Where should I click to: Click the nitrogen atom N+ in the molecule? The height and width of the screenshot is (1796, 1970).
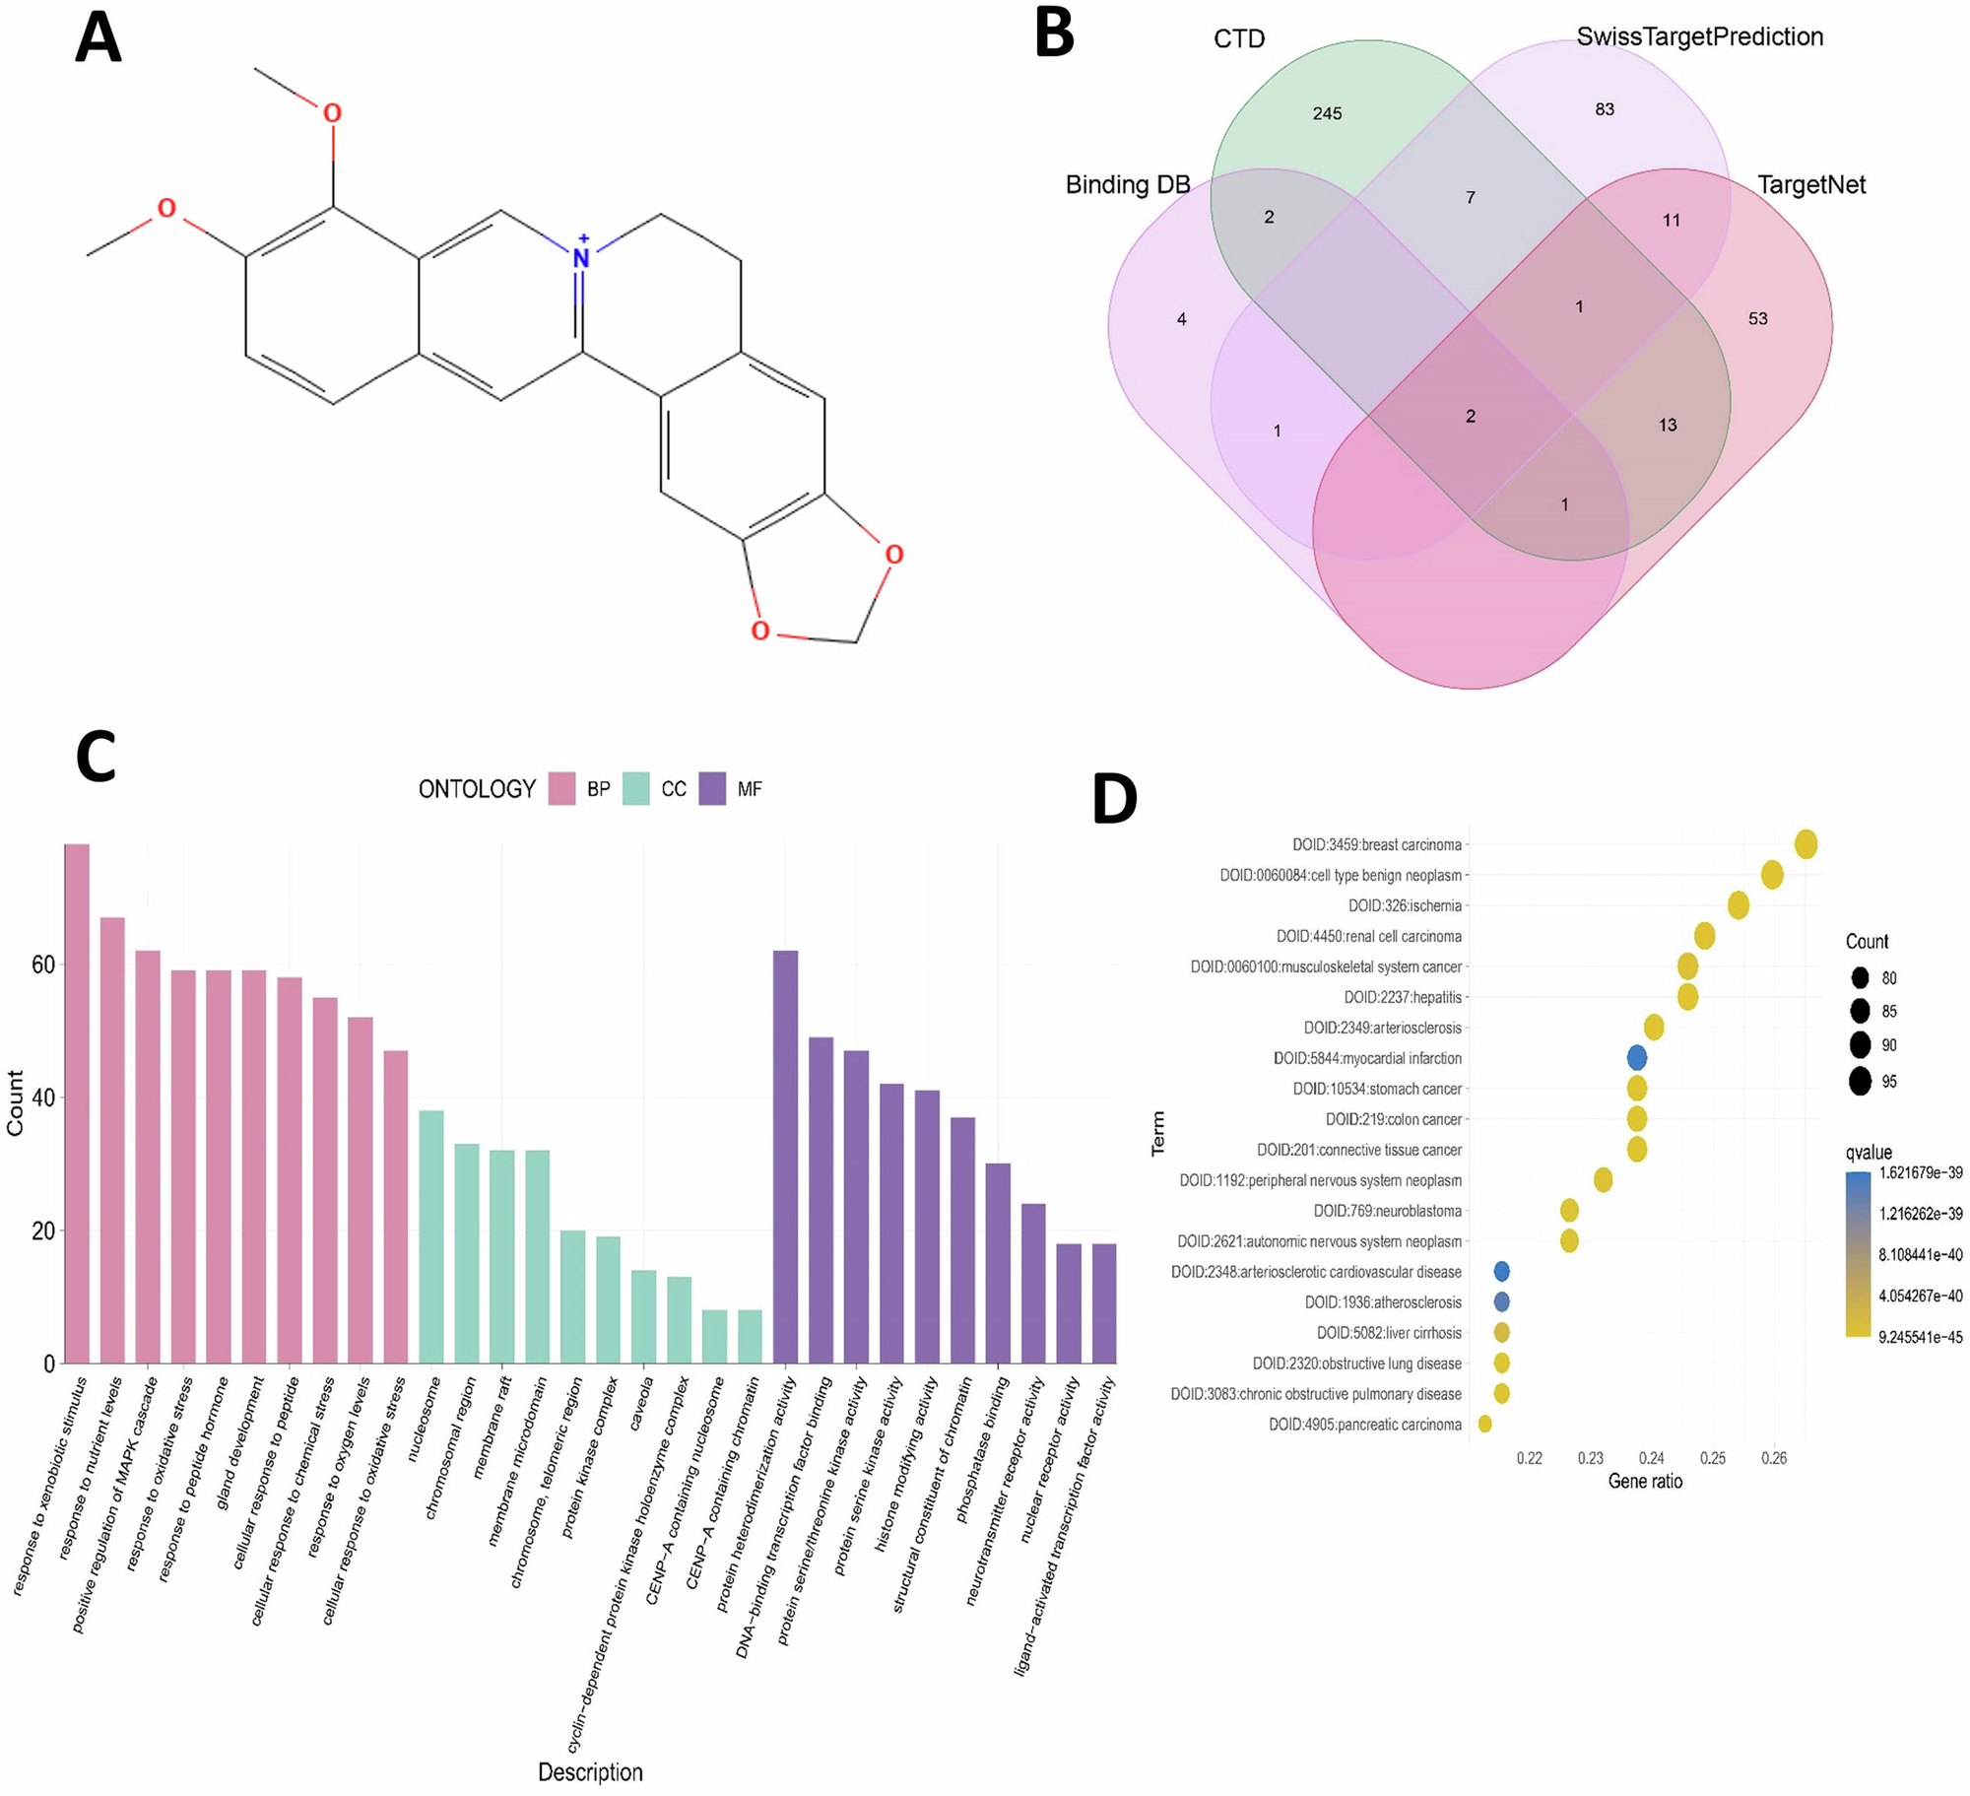click(581, 257)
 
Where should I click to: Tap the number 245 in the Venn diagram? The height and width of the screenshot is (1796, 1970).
click(1327, 114)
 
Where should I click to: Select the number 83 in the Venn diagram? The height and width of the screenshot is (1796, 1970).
click(1605, 109)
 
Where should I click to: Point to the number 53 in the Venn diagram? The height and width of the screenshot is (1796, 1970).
click(1757, 319)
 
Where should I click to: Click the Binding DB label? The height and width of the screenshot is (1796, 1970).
click(1128, 185)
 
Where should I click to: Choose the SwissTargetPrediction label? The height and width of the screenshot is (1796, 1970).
click(1699, 37)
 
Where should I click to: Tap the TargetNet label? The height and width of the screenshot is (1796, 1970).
click(1810, 185)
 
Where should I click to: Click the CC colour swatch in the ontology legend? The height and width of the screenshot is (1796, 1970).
click(636, 789)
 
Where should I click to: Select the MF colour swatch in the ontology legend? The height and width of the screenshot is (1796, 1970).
click(712, 789)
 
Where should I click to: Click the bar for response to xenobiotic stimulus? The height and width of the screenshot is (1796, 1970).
click(77, 1103)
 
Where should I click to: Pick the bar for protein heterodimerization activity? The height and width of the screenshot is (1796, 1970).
click(785, 1158)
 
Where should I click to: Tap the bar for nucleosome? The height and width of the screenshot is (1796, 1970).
click(431, 1237)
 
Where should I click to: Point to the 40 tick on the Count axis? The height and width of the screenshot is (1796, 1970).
click(43, 1098)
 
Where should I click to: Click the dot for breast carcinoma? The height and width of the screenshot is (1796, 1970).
click(1806, 844)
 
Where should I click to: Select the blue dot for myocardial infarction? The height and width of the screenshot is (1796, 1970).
click(1636, 1058)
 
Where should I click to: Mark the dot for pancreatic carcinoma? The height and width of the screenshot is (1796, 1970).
click(1484, 1424)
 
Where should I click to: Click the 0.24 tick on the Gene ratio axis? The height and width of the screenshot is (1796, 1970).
click(1652, 1458)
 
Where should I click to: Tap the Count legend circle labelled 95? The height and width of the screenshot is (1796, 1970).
click(1860, 1081)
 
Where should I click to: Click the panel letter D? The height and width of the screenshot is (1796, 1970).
click(1114, 800)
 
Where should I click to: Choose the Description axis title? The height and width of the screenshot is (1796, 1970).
click(590, 1772)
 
